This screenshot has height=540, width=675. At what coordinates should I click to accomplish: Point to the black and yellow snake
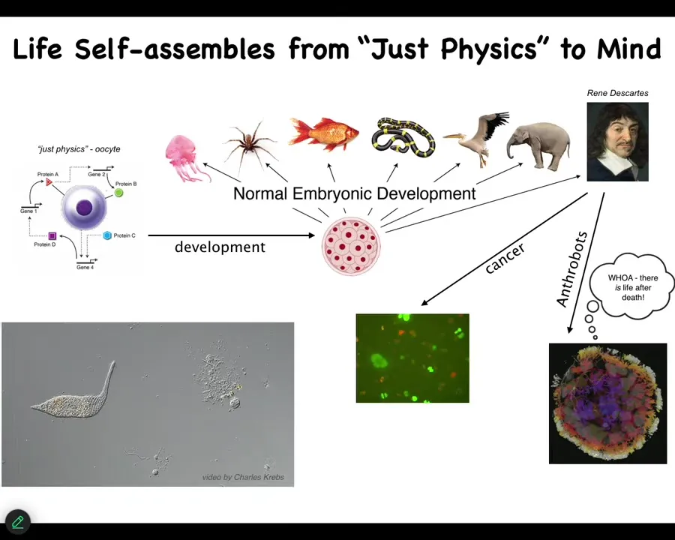(x=403, y=137)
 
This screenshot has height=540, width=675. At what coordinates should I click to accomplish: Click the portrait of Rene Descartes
(x=617, y=142)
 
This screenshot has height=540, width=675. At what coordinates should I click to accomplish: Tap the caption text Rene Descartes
(x=617, y=93)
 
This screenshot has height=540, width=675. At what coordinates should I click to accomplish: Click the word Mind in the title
(x=628, y=49)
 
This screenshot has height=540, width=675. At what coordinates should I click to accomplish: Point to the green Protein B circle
(x=118, y=193)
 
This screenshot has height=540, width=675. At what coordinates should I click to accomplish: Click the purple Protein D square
(x=52, y=235)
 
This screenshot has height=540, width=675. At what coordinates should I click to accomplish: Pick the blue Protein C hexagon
(x=107, y=235)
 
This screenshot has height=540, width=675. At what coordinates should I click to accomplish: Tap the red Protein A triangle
(x=49, y=181)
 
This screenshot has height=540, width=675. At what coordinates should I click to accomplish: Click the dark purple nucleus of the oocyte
(x=84, y=208)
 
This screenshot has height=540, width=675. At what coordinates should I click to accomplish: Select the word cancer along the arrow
(x=505, y=258)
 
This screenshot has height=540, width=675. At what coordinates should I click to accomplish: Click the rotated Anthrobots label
(x=571, y=268)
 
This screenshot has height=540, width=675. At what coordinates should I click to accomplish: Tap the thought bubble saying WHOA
(x=631, y=286)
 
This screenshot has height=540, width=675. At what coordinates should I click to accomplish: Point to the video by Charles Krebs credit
(x=243, y=477)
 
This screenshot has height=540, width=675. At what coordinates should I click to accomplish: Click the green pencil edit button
(x=18, y=522)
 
